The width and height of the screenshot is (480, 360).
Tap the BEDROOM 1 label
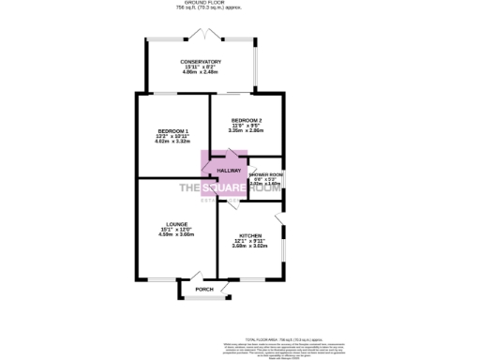[173, 130]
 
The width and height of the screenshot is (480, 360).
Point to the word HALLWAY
[230, 171]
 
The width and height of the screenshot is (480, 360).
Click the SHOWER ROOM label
[266, 172]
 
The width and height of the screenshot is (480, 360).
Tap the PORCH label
[203, 290]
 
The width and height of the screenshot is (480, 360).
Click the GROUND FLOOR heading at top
[202, 4]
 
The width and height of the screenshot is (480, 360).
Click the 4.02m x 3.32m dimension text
[173, 142]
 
